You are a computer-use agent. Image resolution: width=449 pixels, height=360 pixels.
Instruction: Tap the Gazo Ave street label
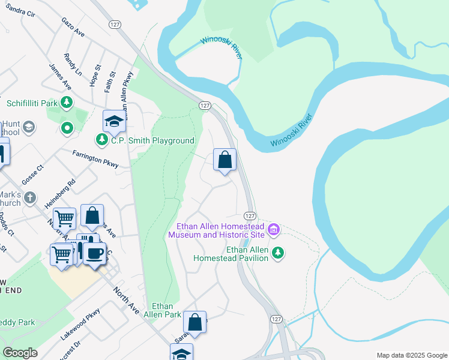(x=73, y=27)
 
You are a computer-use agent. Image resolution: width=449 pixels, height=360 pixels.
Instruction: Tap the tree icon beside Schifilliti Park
(x=67, y=103)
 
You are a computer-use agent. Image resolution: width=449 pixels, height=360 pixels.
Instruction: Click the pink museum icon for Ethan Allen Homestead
(x=274, y=229)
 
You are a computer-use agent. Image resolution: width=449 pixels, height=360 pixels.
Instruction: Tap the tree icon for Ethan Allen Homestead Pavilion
(x=277, y=252)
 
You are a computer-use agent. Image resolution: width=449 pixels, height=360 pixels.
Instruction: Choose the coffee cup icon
(x=95, y=253)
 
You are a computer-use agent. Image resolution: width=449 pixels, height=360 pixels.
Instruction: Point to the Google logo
(x=20, y=353)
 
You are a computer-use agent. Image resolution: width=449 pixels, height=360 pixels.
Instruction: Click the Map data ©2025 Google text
(x=411, y=355)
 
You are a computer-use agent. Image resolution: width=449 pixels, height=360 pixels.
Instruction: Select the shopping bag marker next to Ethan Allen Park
(x=195, y=323)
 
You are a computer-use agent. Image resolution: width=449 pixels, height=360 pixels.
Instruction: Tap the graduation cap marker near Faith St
(x=113, y=122)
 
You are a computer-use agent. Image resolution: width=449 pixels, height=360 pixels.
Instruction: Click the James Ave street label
(x=60, y=76)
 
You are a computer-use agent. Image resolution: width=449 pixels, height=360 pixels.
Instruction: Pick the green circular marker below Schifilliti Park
(x=68, y=127)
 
